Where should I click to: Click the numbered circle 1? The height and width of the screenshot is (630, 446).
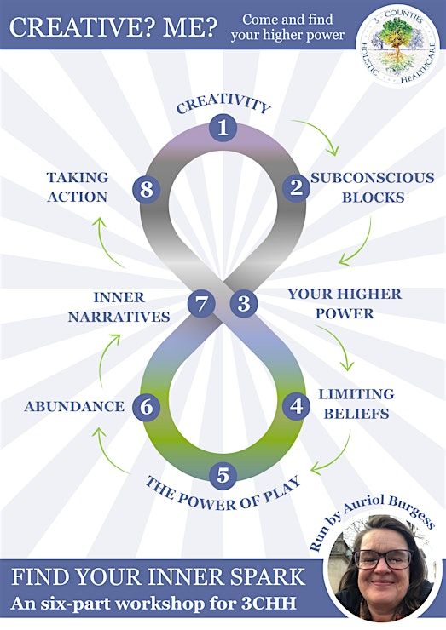[223, 128]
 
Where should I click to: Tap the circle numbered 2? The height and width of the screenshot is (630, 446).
[296, 187]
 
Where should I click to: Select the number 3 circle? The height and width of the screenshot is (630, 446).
[244, 303]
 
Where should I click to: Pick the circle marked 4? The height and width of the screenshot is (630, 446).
[296, 407]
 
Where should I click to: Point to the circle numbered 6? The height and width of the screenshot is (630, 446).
[146, 407]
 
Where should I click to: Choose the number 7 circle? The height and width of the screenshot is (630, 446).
[201, 304]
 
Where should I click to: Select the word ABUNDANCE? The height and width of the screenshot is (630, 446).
[74, 407]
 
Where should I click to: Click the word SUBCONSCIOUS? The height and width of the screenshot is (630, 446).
[373, 178]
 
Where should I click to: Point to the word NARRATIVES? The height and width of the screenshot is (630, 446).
[119, 317]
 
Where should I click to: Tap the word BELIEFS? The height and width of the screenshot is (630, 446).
[356, 414]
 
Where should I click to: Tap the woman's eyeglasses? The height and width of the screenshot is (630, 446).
[382, 558]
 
